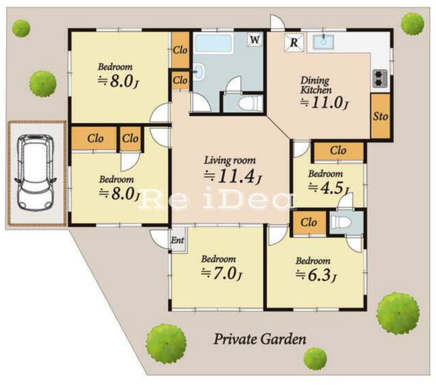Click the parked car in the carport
pyautogui.click(x=36, y=172)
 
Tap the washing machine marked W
pyautogui.click(x=255, y=39)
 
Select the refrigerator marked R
pyautogui.click(x=294, y=43)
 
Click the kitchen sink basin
pyautogui.click(x=323, y=43)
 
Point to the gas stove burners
pyautogui.click(x=380, y=79)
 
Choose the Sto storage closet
pyautogui.click(x=380, y=116)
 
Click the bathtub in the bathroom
pyautogui.click(x=214, y=43)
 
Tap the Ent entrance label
pyautogui.click(x=178, y=240)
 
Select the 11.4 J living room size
pyautogui.click(x=233, y=177)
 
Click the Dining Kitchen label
pyautogui.click(x=316, y=85)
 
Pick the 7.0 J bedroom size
pyautogui.click(x=221, y=273)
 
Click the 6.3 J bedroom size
pyautogui.click(x=316, y=275)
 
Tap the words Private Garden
pyautogui.click(x=260, y=339)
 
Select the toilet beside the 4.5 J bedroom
pyautogui.click(x=342, y=222)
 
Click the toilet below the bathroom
pyautogui.click(x=250, y=104)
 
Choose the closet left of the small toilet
pyautogui.click(x=309, y=222)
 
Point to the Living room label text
pyautogui.click(x=229, y=160)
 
